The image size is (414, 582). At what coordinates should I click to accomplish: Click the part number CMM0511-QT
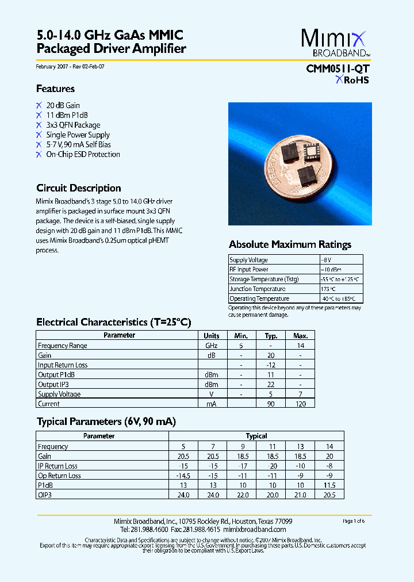338,68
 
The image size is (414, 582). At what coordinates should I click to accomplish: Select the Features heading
55,89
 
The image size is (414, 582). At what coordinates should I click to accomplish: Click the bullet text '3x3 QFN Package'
73,125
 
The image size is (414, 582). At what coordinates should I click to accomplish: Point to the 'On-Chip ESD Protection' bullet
83,154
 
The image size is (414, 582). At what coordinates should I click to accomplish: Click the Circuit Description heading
78,188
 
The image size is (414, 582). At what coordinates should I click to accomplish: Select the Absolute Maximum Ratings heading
290,244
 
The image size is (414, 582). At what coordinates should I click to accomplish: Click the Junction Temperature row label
257,289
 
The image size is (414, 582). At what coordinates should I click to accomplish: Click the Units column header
211,336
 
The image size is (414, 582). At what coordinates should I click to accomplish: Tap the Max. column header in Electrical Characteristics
300,336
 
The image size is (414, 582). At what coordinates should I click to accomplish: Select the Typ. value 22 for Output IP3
271,384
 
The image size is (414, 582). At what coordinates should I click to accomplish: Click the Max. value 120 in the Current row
300,404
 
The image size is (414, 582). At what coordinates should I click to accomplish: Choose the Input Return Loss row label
63,365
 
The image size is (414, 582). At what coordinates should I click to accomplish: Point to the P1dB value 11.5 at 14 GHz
329,485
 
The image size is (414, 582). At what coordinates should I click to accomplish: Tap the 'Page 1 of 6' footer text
354,521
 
